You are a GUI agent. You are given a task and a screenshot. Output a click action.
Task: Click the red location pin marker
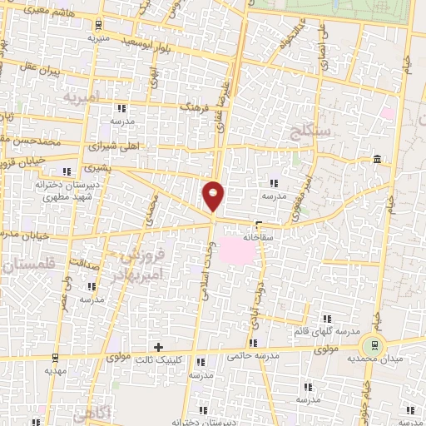[213, 196]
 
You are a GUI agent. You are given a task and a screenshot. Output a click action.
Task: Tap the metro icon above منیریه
[99, 23]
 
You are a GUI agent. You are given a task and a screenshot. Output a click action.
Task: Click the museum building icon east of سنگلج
[378, 159]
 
